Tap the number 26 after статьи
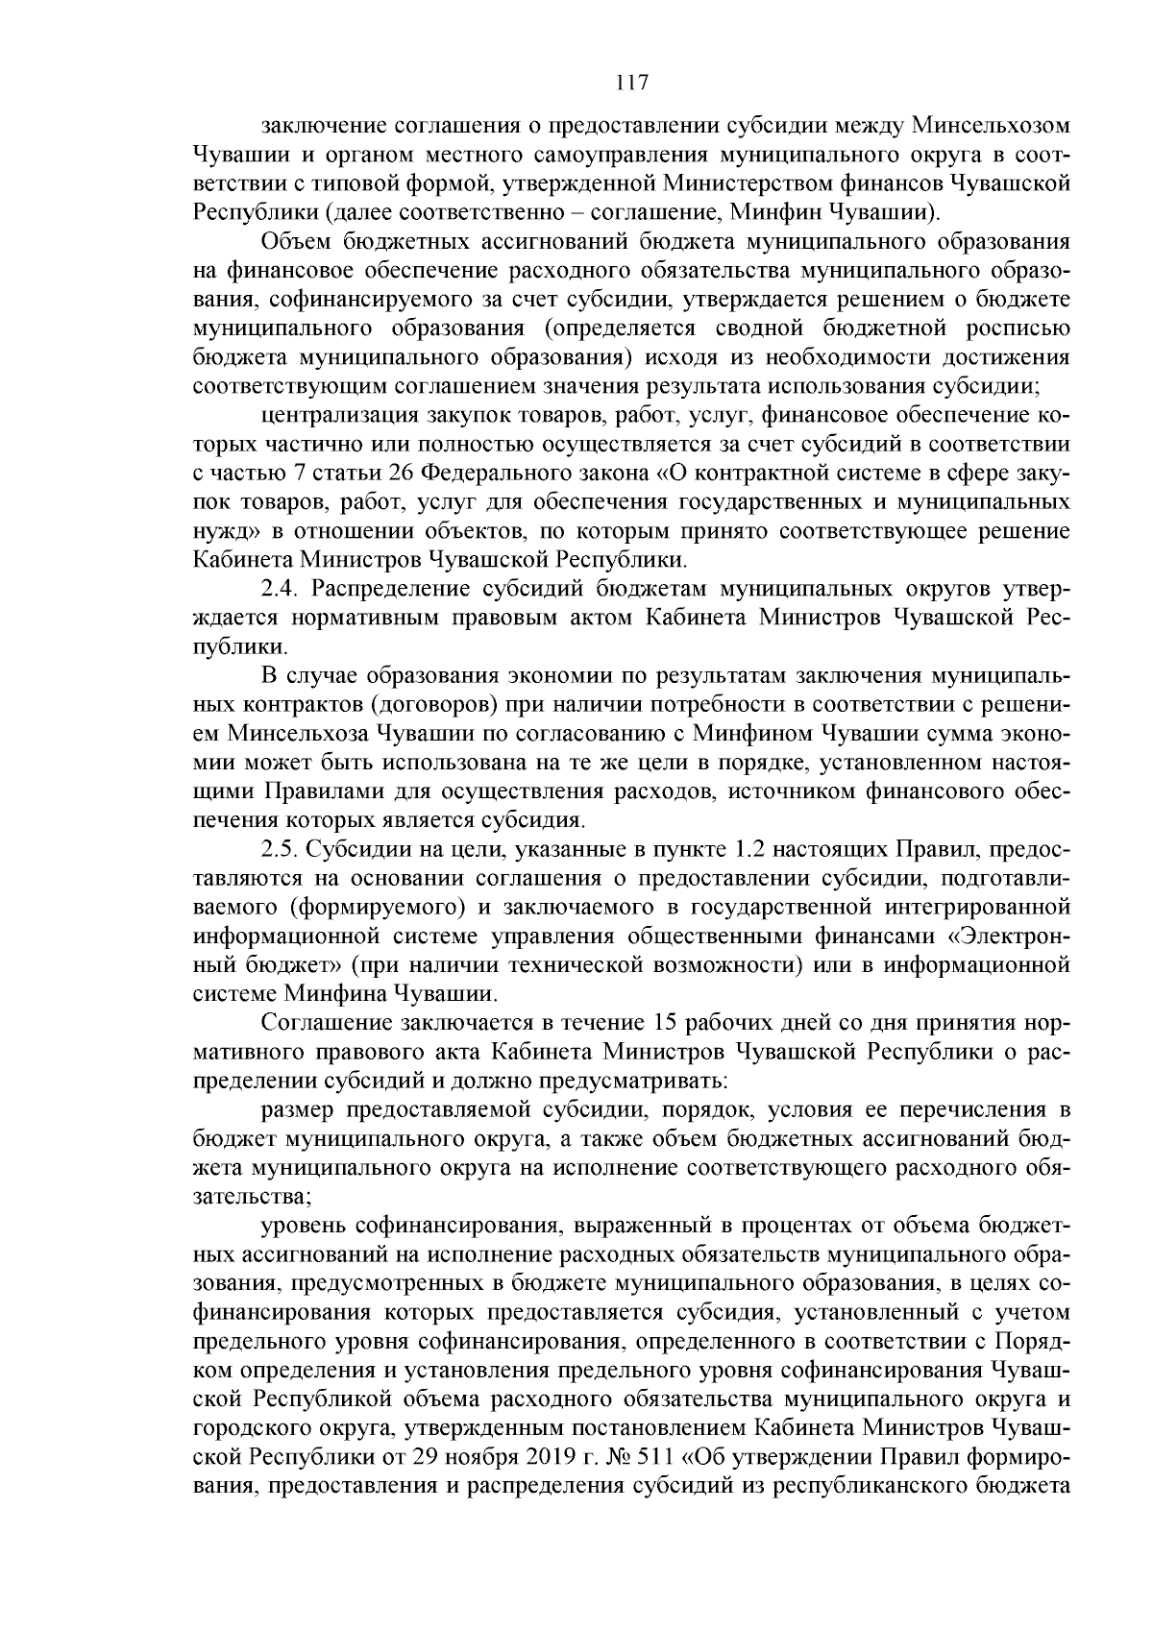pos(403,474)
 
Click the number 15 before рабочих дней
pos(668,1023)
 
